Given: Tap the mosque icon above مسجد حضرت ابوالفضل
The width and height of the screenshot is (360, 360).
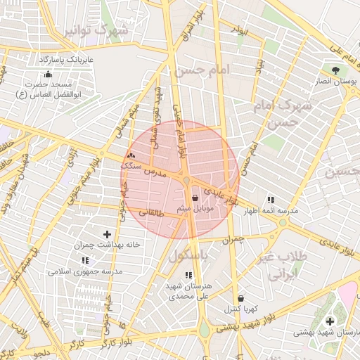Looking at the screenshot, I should [x=48, y=74].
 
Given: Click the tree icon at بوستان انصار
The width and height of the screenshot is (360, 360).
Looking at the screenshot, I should [x=335, y=70].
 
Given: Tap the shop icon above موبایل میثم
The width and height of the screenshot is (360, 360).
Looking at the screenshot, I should [x=194, y=198].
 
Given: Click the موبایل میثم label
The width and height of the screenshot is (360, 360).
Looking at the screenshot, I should [x=194, y=210].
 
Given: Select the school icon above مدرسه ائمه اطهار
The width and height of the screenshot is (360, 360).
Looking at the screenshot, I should [x=271, y=200].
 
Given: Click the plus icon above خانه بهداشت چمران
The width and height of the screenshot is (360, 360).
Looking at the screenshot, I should [x=107, y=234].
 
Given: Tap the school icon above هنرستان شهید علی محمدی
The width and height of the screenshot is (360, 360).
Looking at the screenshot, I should [x=188, y=275].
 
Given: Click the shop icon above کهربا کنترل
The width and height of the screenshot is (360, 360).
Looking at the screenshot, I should [x=241, y=297].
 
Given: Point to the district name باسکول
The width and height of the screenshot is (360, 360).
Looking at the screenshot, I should [x=188, y=258].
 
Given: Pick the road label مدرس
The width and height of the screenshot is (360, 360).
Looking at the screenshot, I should [x=154, y=172].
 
